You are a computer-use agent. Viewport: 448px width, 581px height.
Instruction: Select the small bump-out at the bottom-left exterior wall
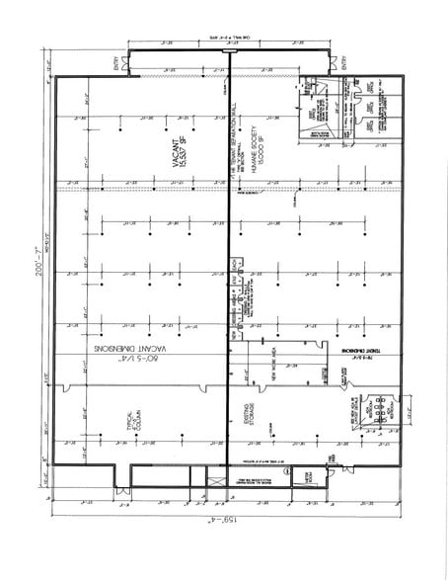[122, 487]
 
